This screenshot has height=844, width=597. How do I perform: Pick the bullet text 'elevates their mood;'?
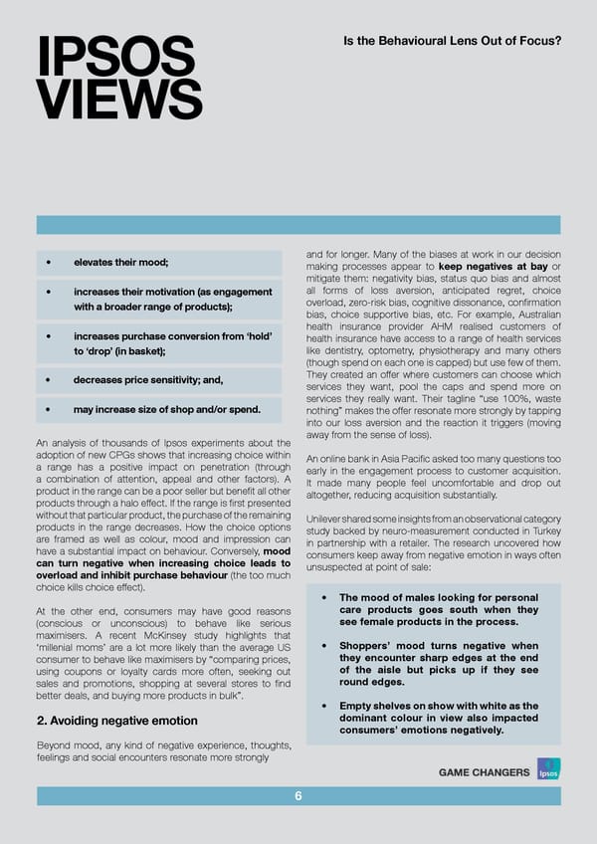click(x=119, y=262)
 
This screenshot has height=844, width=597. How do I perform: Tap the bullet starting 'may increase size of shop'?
click(x=166, y=409)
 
